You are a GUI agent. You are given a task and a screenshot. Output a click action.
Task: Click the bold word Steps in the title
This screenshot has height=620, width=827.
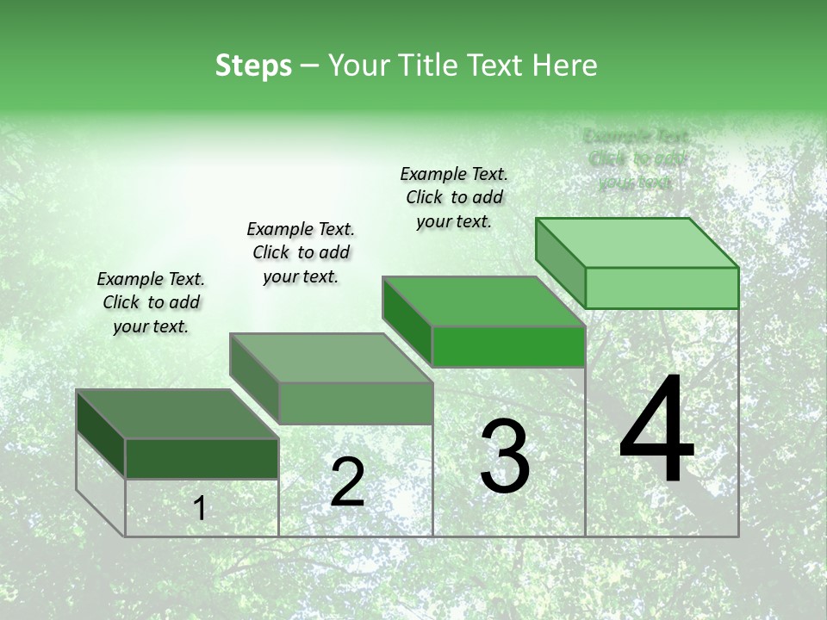253,66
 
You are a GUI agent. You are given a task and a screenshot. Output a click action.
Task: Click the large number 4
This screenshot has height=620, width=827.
656,431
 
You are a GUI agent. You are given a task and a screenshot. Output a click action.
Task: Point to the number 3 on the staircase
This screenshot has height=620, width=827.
505,456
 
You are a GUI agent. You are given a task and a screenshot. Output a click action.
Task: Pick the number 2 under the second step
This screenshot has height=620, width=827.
347,481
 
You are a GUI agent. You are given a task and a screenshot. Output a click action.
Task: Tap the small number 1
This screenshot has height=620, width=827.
200,509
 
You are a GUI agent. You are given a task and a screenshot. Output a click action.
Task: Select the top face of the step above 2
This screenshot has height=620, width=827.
331,358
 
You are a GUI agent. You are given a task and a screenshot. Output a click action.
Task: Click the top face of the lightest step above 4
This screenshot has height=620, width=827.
637,243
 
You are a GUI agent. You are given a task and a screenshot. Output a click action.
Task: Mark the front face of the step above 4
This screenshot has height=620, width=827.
662,288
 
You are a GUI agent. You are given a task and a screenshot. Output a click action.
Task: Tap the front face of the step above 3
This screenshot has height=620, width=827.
508,347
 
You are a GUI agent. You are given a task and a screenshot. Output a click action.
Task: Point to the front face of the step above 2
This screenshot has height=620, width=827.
356,404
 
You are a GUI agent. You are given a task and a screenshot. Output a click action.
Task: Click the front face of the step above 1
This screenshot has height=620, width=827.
202,458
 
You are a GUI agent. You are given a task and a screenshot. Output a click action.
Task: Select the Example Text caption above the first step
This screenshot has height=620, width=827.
151,302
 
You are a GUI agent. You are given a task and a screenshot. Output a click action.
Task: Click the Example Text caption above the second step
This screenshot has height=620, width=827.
301,252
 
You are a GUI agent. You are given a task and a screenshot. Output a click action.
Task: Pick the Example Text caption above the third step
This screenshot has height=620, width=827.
454,197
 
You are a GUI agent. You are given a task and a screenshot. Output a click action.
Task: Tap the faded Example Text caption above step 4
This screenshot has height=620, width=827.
636,159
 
